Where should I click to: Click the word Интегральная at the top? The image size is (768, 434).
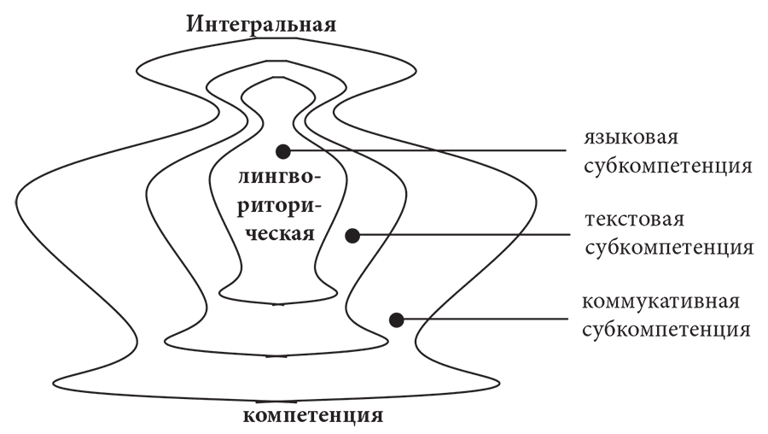coord(263,23)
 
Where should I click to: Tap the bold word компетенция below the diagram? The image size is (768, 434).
coord(313,417)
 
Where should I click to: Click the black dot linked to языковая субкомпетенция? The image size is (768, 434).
coord(283,151)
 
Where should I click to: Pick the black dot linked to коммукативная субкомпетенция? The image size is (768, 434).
coord(396,320)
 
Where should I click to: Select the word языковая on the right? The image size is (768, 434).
coord(631,138)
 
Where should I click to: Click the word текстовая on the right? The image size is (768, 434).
coord(634,221)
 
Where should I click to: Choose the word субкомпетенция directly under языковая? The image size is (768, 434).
coord(667,165)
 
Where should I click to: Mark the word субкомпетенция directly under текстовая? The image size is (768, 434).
coord(667,248)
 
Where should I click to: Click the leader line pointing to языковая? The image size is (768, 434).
coord(427,151)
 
